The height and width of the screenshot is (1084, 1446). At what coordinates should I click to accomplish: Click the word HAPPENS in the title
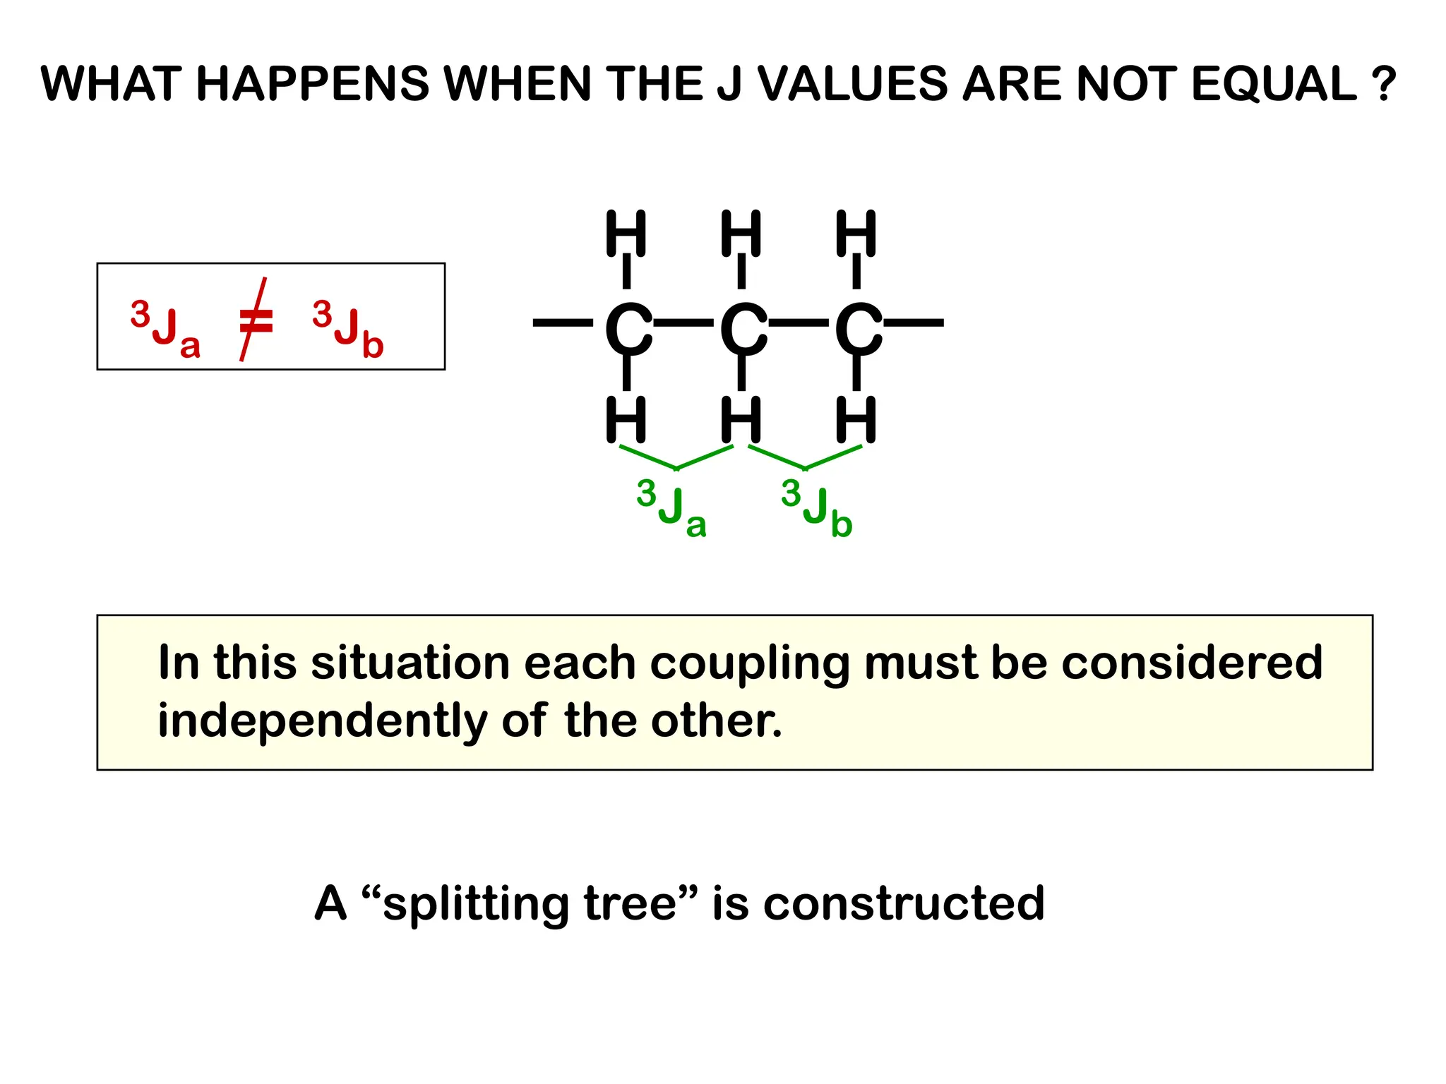(312, 84)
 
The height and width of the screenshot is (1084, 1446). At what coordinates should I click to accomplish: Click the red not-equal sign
(254, 320)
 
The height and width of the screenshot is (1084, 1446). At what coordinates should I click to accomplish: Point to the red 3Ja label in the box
(166, 328)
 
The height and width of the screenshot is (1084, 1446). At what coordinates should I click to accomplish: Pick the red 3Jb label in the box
(348, 328)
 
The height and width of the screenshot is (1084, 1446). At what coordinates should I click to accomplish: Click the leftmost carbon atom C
(628, 329)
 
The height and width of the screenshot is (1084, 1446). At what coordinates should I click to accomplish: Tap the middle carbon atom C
(742, 329)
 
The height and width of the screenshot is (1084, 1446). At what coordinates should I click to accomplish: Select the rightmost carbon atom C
(857, 329)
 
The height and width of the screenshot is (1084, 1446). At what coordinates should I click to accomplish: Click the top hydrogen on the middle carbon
(741, 233)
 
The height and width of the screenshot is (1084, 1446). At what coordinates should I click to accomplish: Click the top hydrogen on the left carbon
(626, 233)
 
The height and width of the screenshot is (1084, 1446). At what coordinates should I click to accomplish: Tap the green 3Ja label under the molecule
(671, 507)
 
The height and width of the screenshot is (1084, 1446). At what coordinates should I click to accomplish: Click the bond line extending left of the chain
(563, 323)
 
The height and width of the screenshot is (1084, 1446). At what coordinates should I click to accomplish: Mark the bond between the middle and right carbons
(799, 323)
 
